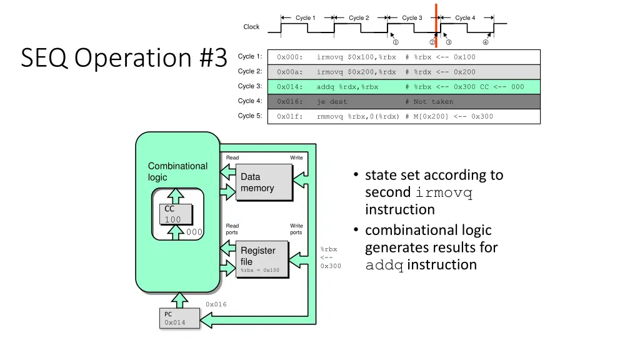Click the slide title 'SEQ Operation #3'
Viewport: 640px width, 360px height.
[124, 58]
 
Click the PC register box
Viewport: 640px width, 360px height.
[180, 318]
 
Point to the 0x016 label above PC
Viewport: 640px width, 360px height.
[216, 304]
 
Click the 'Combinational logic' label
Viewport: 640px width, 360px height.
[177, 171]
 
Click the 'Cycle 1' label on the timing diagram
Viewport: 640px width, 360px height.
[306, 18]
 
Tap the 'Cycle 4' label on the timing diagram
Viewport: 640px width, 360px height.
[465, 18]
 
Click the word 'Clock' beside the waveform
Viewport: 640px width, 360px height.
[251, 27]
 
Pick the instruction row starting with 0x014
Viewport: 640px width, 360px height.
[404, 87]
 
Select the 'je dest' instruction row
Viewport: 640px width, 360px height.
[404, 102]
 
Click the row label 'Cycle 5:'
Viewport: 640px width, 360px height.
[250, 116]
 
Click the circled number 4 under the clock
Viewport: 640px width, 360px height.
[486, 42]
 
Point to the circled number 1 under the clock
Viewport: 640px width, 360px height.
[396, 42]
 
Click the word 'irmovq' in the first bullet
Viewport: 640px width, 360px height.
[443, 192]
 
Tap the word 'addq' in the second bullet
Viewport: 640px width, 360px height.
[384, 265]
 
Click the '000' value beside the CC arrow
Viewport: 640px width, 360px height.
[195, 232]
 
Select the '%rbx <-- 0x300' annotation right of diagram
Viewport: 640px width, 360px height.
[331, 257]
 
